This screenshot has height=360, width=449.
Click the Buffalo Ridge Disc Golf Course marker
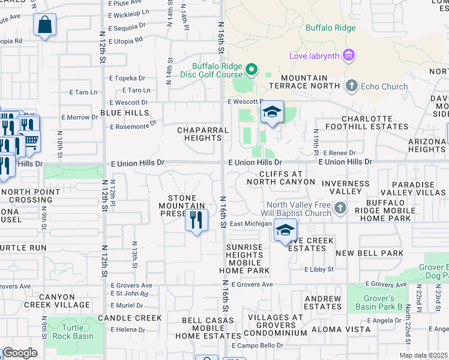[252, 71]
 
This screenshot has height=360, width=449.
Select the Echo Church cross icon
[352, 86]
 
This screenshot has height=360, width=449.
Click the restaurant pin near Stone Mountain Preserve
[196, 221]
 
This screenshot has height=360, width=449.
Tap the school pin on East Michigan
[286, 230]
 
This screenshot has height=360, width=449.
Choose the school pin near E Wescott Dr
[272, 112]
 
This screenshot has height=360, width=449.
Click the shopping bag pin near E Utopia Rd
[45, 26]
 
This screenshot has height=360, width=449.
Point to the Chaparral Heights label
[203, 134]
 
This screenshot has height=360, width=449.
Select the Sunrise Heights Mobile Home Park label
[244, 259]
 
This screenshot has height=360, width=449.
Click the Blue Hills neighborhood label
[124, 113]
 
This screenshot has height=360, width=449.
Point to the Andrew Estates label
[322, 303]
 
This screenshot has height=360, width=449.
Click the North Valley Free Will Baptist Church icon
[340, 208]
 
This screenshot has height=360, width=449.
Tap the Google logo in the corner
[20, 353]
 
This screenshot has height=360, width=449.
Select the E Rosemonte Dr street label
[133, 125]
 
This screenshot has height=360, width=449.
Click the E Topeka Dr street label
[127, 78]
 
